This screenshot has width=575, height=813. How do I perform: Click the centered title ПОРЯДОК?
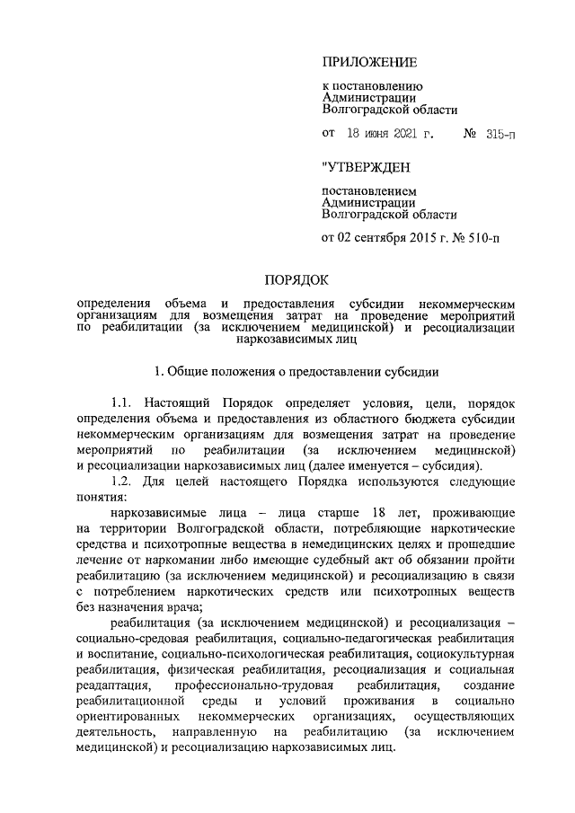tap(296, 280)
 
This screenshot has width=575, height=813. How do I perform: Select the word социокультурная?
tap(467, 652)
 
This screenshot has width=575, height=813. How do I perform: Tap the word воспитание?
tap(119, 652)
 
